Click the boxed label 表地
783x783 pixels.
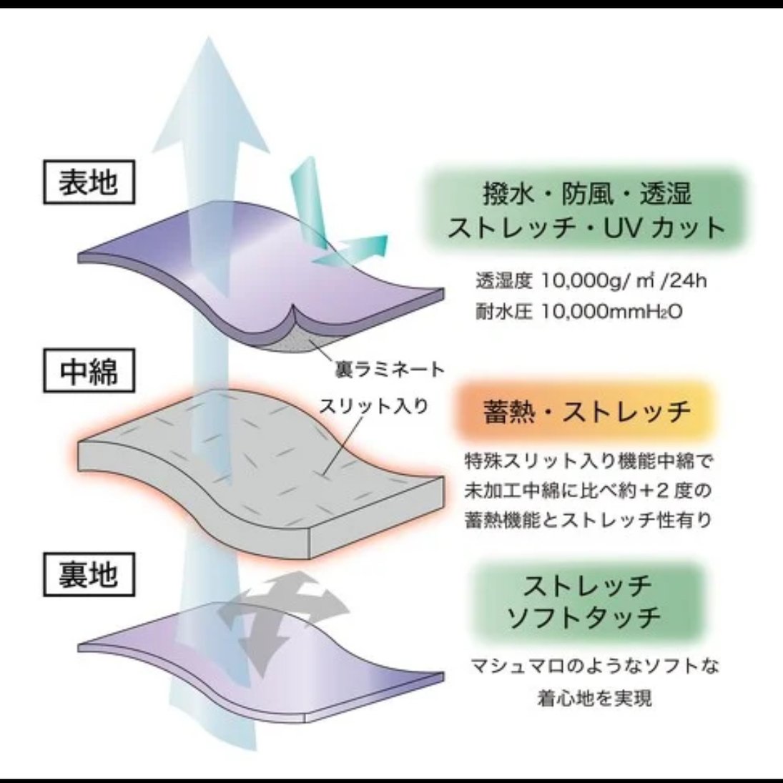[x=88, y=182]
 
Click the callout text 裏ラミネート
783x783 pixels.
[x=390, y=370]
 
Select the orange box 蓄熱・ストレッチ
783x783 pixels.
[x=586, y=412]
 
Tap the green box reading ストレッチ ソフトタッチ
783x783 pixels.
[x=586, y=601]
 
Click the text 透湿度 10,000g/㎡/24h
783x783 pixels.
[x=591, y=280]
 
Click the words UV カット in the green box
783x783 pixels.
[x=665, y=227]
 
